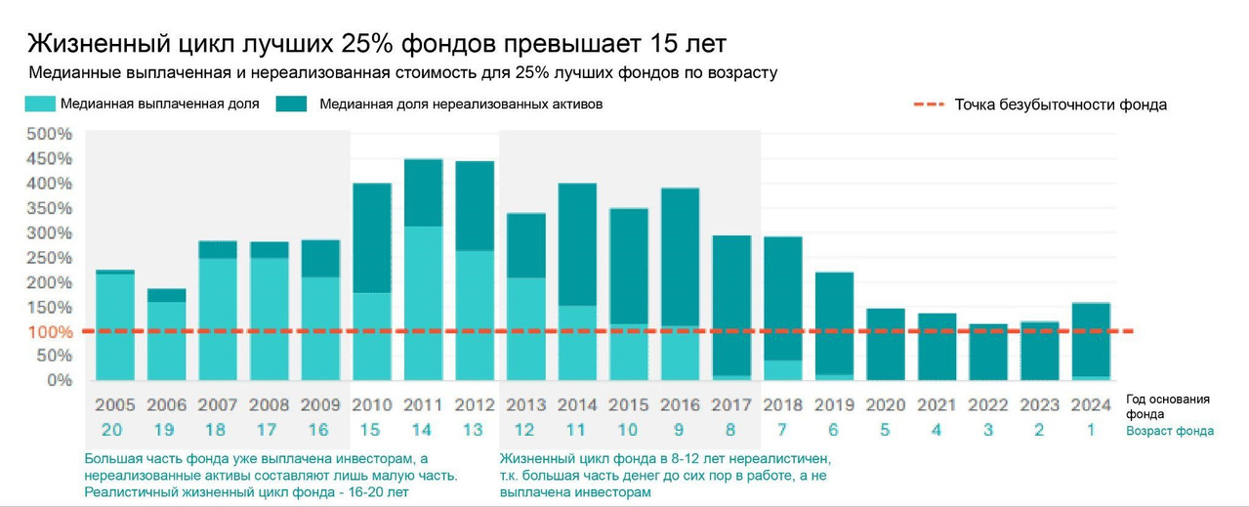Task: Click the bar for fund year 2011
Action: click(x=423, y=270)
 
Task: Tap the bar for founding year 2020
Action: click(x=886, y=344)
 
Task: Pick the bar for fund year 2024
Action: click(x=1091, y=341)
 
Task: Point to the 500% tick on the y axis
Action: click(x=49, y=134)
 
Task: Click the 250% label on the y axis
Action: click(x=49, y=257)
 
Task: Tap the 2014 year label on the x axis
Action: click(x=576, y=405)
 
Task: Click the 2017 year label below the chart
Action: click(x=730, y=405)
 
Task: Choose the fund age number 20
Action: click(x=114, y=430)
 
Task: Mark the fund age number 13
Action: click(x=474, y=430)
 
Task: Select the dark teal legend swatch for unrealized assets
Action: click(x=292, y=104)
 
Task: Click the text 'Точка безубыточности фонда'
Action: click(x=1061, y=105)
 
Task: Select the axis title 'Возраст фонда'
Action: click(x=1170, y=431)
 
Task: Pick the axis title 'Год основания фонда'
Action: click(x=1168, y=406)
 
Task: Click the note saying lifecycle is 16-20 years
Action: click(x=246, y=491)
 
